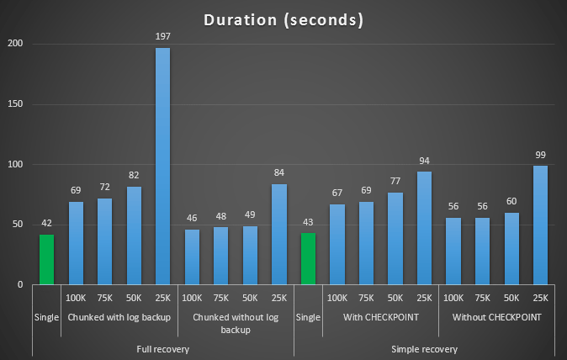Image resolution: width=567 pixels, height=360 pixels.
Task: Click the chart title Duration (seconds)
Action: (x=283, y=19)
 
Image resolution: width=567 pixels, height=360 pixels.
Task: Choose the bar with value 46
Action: (x=193, y=257)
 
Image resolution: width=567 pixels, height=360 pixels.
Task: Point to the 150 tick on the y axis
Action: (x=18, y=104)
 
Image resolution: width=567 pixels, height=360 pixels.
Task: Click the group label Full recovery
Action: (x=163, y=348)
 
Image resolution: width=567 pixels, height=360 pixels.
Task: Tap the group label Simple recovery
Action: (x=424, y=348)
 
